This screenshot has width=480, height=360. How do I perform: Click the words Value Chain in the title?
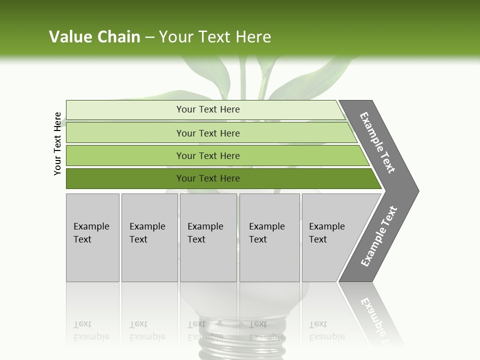(x=94, y=37)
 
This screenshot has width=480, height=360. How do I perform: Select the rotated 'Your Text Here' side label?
(x=57, y=143)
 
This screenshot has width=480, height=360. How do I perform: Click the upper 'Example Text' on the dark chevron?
(x=377, y=142)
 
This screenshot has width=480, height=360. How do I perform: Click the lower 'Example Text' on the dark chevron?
(x=379, y=236)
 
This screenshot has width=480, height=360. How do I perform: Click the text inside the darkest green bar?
(x=208, y=178)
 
